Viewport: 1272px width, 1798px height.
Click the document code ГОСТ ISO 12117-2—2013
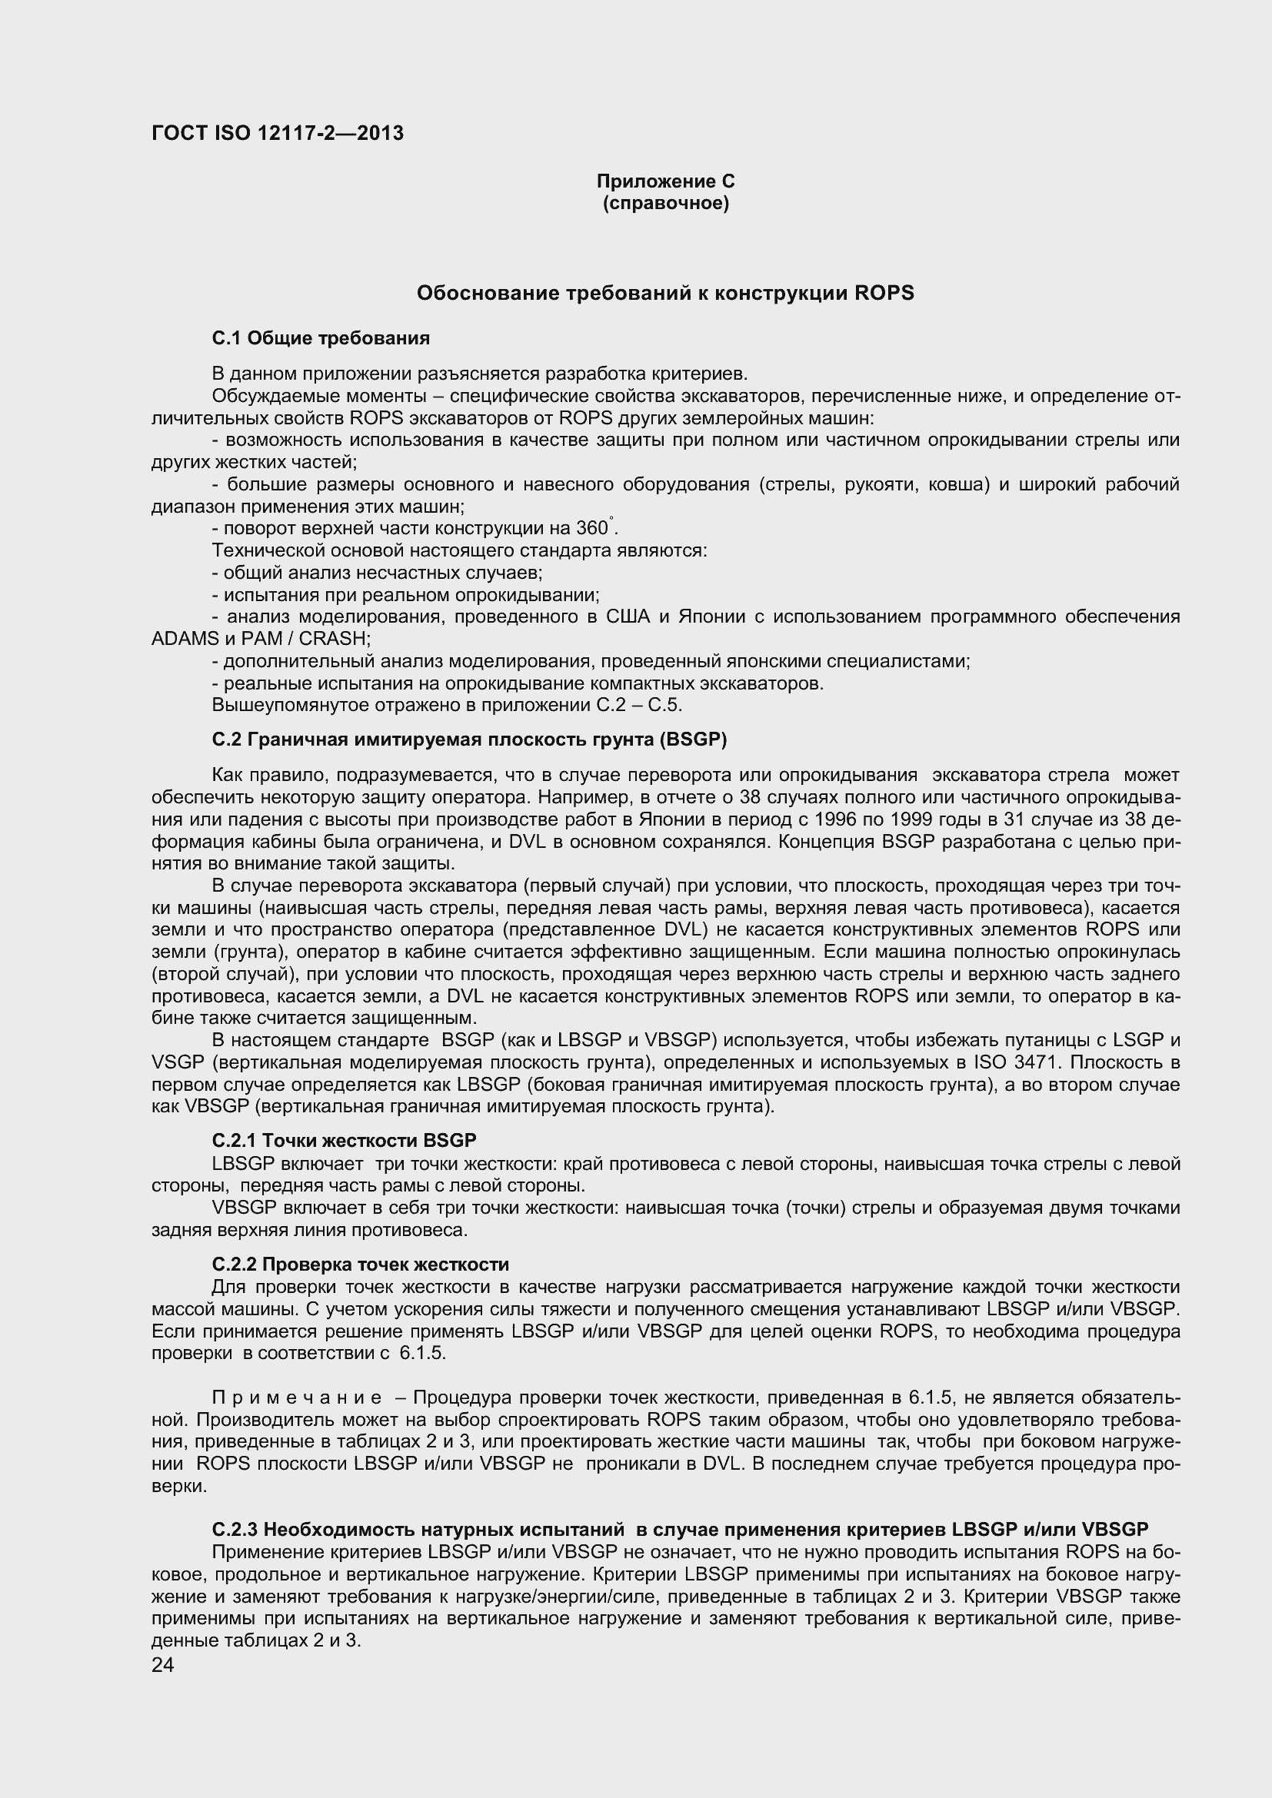[278, 133]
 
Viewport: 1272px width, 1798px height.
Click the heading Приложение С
[665, 181]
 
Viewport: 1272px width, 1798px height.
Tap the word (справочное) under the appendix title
[665, 204]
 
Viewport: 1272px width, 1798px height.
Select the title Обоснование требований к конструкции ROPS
[665, 293]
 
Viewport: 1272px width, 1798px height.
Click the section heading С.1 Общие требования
[321, 338]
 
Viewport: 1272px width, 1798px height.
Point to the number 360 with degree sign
[592, 529]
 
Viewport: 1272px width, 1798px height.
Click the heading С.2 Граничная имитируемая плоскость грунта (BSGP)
[469, 740]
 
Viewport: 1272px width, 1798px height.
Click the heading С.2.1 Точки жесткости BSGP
[344, 1140]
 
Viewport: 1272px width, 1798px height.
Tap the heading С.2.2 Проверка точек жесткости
[360, 1265]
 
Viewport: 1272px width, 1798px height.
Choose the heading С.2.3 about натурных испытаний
[679, 1530]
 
